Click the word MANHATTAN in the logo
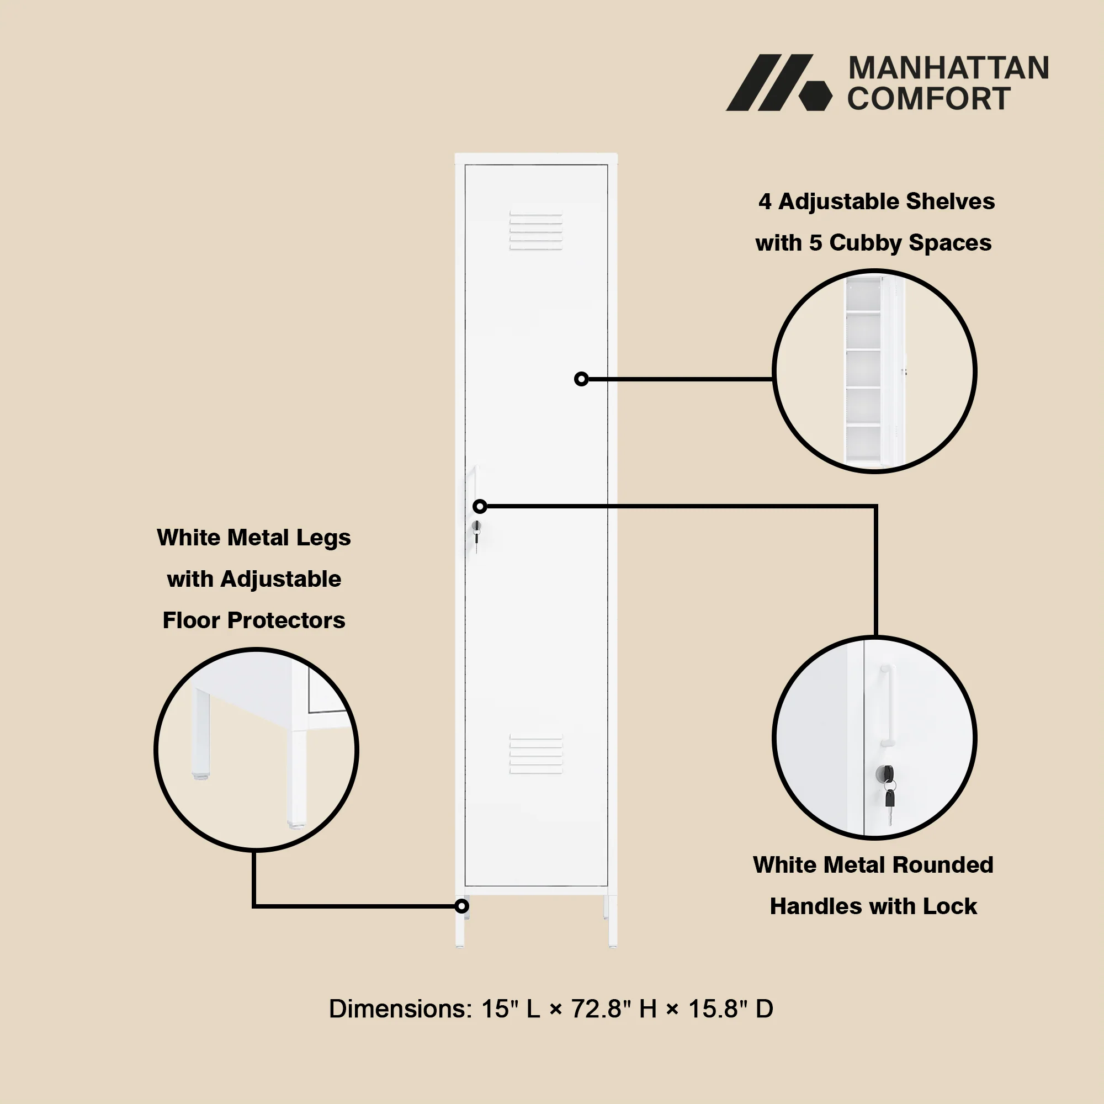(948, 68)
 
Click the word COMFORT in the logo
(928, 98)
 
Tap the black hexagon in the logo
(815, 95)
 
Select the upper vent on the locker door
(536, 231)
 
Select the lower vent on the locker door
(536, 754)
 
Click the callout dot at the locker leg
(461, 906)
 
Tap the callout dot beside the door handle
(480, 506)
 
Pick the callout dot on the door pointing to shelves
(581, 379)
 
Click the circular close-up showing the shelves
(874, 371)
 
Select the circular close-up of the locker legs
(257, 750)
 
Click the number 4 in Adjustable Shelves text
(765, 201)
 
